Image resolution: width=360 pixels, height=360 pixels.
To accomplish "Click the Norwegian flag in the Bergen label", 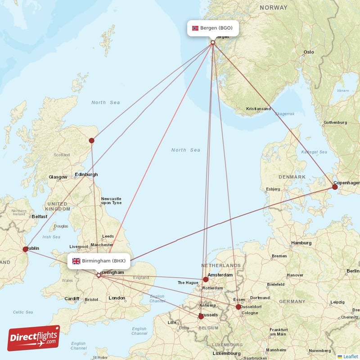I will (195, 28).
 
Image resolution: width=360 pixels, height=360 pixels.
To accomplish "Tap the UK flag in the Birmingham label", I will (76, 261).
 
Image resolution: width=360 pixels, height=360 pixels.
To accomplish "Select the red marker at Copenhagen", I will (335, 187).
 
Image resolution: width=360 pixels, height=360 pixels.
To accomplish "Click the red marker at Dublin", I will (26, 249).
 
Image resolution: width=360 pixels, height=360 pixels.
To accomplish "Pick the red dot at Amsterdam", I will (206, 279).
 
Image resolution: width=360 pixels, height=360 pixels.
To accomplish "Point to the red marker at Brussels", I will (201, 316).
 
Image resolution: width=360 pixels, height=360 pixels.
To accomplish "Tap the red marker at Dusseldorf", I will (238, 307).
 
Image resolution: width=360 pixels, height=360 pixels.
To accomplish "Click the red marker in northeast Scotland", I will (92, 140).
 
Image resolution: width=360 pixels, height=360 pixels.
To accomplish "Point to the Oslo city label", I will (308, 52).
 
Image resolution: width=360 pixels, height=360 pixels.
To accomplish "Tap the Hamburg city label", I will (301, 243).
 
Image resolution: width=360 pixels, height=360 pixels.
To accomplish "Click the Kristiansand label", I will (258, 109).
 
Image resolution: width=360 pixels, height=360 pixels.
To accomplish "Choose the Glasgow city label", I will (58, 177).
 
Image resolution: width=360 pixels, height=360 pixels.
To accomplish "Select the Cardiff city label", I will (72, 298).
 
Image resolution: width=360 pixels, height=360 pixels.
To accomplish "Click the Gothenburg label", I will (335, 122).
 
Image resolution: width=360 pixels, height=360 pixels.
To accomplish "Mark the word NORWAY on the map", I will (273, 8).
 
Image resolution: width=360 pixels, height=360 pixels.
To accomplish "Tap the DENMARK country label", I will (292, 177).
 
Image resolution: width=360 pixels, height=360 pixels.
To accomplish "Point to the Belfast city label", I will (40, 216).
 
